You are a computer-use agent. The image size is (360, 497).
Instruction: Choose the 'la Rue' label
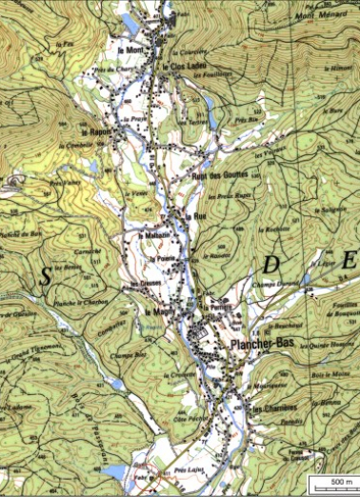(198, 216)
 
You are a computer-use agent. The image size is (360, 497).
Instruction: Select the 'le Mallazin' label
(153, 235)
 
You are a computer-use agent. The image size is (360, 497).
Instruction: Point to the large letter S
(44, 277)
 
